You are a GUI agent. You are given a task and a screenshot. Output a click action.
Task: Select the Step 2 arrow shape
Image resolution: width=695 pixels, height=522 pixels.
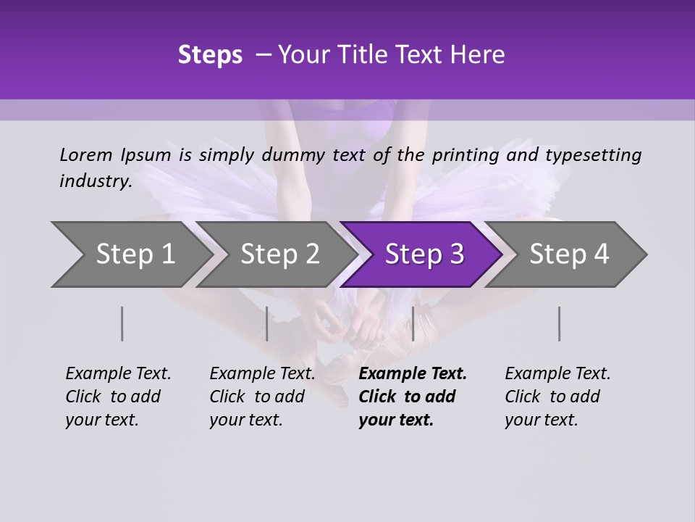279,254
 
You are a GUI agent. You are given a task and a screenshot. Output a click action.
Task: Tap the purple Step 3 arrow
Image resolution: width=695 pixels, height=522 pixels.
424,254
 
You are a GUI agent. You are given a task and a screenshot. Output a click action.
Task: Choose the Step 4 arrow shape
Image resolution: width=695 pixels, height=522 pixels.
568,254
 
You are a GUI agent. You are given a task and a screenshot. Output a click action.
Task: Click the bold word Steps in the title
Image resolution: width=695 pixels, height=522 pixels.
210,54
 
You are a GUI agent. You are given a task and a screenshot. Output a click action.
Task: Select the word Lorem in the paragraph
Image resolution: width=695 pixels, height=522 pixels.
86,154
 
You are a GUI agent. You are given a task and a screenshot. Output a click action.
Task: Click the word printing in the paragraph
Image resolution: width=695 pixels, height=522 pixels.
467,154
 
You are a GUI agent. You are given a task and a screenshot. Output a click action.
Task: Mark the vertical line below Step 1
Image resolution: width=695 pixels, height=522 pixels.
122,323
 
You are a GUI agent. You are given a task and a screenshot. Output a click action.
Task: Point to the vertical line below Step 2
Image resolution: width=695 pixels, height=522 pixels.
267,323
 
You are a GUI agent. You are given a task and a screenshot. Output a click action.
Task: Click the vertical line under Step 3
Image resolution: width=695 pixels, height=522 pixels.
413,323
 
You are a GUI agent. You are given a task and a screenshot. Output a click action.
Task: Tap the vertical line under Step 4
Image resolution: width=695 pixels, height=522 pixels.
560,323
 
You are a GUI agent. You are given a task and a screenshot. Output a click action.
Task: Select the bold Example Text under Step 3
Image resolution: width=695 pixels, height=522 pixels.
413,373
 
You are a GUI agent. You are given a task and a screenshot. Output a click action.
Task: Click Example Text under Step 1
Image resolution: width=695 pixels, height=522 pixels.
118,373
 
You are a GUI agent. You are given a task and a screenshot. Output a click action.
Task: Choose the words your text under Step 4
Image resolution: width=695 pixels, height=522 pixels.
541,420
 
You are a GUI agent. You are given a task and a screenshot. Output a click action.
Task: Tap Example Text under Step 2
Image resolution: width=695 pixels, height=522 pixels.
262,373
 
